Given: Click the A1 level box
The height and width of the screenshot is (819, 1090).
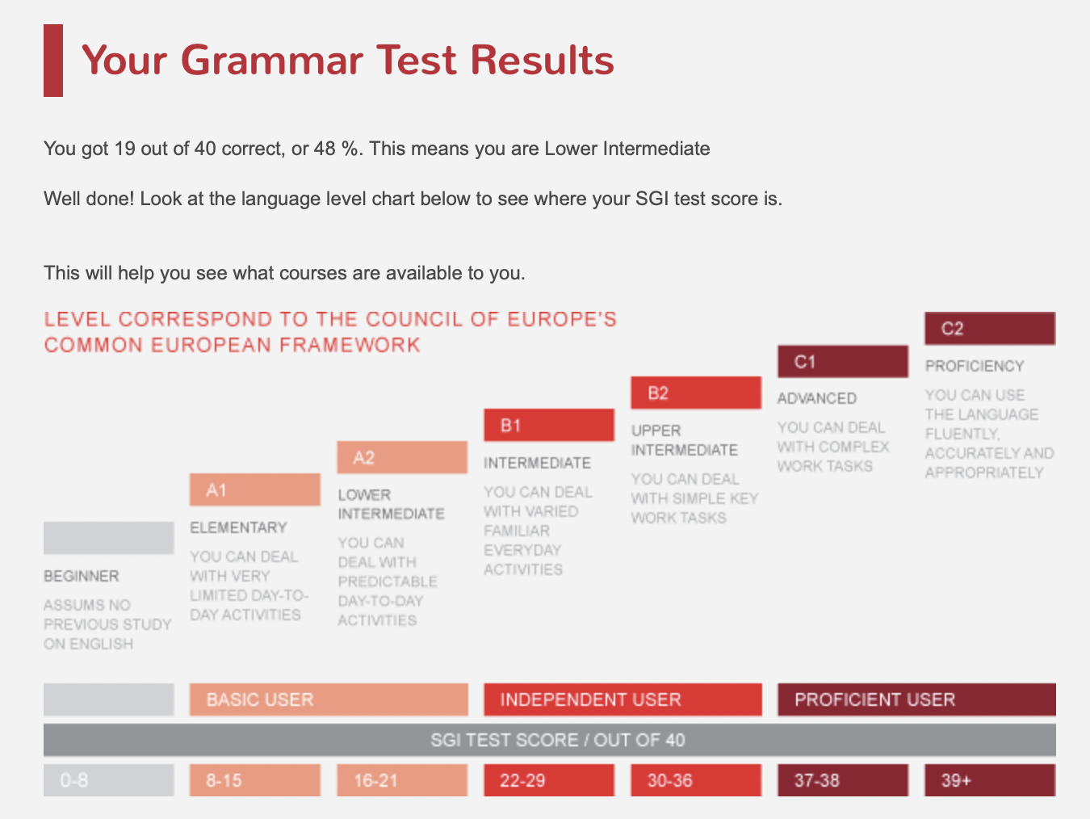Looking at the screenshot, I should tap(254, 489).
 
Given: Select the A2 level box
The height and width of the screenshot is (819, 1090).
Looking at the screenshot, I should tap(401, 457).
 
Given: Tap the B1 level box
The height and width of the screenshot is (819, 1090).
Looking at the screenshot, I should tap(548, 425).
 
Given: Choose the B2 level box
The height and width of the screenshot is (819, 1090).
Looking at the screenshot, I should tap(695, 393).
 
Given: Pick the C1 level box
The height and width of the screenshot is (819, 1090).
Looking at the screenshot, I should tap(842, 361).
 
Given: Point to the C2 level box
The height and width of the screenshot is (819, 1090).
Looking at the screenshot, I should tap(989, 328).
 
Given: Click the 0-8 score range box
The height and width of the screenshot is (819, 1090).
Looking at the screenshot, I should tap(108, 780).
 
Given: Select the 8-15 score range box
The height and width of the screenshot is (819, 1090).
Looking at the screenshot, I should tap(254, 780).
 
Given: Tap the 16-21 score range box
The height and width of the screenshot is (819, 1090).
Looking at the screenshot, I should tap(401, 780).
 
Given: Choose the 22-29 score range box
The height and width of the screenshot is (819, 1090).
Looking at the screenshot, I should tap(548, 780).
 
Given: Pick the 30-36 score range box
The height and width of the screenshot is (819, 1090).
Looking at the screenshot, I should tap(695, 780).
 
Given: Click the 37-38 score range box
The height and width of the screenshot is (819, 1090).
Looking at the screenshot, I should tap(842, 780).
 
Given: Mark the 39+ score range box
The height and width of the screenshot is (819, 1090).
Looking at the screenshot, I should tap(989, 780).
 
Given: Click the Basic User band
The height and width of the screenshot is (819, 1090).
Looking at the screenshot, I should tap(328, 699).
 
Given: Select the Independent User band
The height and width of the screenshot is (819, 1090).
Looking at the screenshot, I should tap(622, 699).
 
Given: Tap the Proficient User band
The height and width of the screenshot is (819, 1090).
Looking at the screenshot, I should tap(916, 699).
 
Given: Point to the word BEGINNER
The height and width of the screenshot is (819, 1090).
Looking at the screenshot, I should tap(81, 576).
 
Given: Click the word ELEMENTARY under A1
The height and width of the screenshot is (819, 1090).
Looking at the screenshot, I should tap(238, 527).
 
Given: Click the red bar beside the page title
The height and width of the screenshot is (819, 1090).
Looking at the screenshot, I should tap(53, 61).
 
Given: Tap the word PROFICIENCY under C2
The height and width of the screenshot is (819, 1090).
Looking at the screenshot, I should tap(974, 366).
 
